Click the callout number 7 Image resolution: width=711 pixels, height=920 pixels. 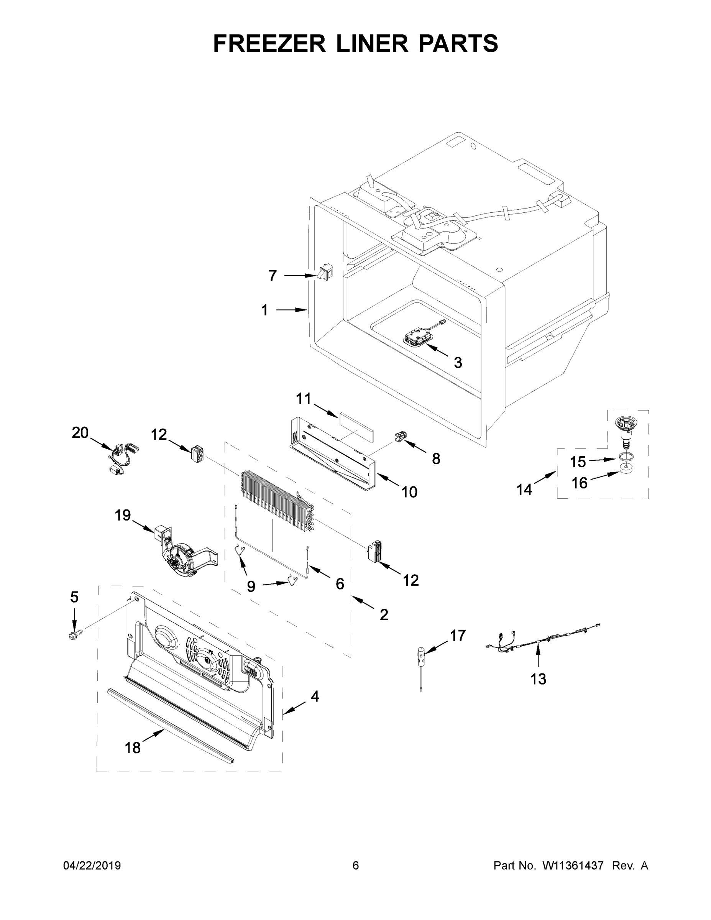(x=273, y=276)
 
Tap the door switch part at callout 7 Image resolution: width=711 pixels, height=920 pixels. (x=325, y=272)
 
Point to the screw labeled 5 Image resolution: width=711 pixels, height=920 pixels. (x=75, y=634)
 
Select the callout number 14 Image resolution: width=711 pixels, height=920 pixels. (x=524, y=489)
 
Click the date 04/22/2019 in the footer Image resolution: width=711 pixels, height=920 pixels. (x=92, y=865)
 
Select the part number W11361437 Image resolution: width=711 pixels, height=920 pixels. (x=573, y=865)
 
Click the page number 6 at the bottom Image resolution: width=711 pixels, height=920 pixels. (x=356, y=865)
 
